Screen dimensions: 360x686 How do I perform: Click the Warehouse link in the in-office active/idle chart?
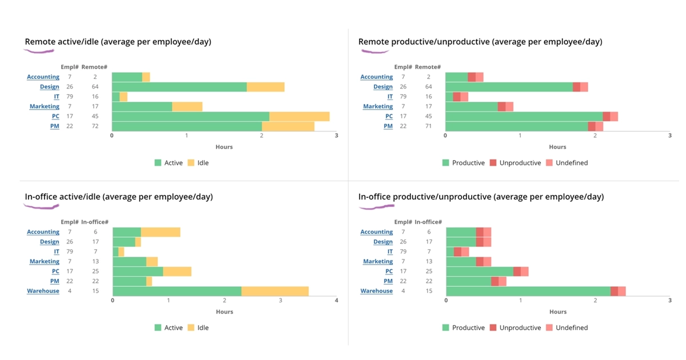(x=43, y=291)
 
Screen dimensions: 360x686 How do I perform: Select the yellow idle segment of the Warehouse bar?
(x=275, y=291)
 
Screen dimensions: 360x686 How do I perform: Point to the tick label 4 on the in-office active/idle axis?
(x=336, y=301)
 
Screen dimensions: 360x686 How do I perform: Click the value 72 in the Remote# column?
(x=95, y=126)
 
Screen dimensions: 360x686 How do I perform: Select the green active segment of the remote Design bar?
(x=179, y=87)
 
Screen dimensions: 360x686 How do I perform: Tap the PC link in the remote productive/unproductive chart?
(x=389, y=116)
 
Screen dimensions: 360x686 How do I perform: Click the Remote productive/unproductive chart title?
(x=480, y=42)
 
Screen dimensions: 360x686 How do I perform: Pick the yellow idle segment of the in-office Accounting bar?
(x=161, y=232)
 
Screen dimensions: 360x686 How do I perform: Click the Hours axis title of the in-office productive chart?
(x=557, y=312)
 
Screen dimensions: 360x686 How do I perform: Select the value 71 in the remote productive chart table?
(x=428, y=126)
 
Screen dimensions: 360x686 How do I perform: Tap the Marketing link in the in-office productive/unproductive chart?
(x=378, y=261)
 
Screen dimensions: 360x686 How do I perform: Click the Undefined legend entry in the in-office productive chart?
(x=566, y=328)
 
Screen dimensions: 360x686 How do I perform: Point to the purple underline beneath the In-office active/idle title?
(x=39, y=206)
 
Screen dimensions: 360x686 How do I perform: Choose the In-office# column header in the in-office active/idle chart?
(x=95, y=222)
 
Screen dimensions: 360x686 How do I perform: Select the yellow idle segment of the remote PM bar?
(x=288, y=126)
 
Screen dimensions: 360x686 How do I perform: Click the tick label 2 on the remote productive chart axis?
(x=595, y=135)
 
